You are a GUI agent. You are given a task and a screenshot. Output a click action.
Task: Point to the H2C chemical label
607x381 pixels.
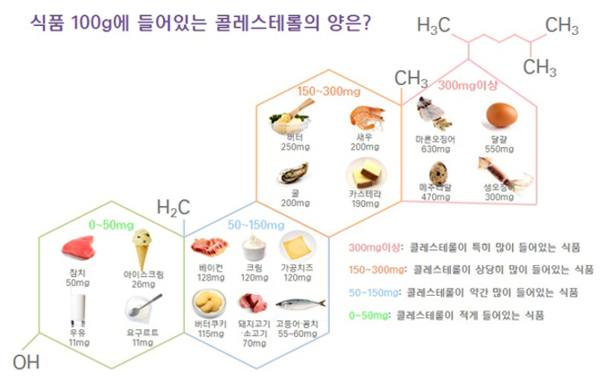(172, 208)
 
